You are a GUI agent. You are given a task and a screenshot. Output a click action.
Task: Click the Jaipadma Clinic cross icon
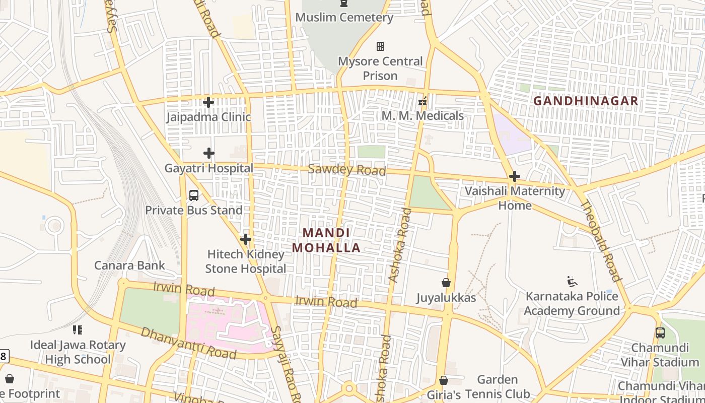point(208,102)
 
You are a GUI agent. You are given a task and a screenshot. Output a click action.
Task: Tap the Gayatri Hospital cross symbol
point(209,153)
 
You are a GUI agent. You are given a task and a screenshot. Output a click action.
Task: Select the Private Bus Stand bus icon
point(194,195)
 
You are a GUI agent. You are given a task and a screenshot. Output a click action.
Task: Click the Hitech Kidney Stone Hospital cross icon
point(246,239)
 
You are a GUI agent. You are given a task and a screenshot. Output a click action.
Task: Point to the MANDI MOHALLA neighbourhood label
point(326,240)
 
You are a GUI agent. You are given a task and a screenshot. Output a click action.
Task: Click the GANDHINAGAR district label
point(586,101)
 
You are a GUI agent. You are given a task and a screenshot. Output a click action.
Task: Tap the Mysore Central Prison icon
point(380,46)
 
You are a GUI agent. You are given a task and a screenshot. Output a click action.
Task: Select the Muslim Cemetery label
point(344,18)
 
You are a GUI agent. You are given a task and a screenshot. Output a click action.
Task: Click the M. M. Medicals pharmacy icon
point(422,101)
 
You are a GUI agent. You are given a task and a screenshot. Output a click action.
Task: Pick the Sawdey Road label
point(346,170)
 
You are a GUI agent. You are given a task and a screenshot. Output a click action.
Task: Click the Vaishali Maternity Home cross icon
point(514,176)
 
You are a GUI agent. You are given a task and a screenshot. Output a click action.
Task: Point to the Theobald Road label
point(600,240)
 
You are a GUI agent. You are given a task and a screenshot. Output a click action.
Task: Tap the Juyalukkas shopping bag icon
point(446,283)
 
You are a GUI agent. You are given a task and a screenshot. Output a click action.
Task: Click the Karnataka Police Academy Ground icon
point(572,281)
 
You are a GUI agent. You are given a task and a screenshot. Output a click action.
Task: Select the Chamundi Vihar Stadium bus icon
point(660,332)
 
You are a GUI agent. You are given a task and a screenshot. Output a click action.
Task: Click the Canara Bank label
point(129,265)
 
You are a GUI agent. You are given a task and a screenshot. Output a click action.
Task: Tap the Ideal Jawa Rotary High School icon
point(78,330)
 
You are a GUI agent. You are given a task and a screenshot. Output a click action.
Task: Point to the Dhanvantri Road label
point(188,343)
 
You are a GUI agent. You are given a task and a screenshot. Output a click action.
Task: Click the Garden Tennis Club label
point(497,386)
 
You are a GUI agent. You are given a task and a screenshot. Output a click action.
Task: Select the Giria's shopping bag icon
point(444,380)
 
